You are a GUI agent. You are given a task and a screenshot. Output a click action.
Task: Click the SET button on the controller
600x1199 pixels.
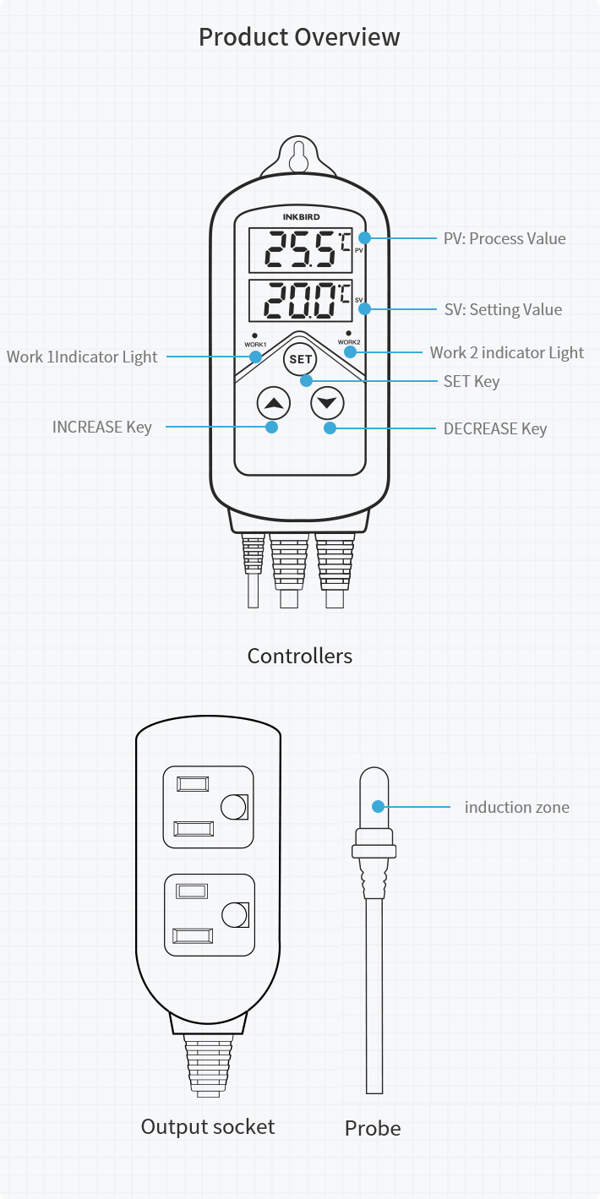pyautogui.click(x=300, y=359)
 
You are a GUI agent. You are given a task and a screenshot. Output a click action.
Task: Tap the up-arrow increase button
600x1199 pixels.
pyautogui.click(x=273, y=403)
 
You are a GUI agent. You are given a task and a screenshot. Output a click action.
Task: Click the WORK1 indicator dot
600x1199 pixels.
pyautogui.click(x=255, y=335)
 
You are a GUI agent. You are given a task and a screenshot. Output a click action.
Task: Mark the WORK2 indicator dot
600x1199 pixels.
pyautogui.click(x=349, y=333)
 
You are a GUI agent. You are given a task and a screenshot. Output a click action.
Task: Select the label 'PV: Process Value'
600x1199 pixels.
pyautogui.click(x=505, y=238)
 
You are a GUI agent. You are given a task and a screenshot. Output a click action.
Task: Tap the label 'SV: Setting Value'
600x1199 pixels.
pyautogui.click(x=503, y=309)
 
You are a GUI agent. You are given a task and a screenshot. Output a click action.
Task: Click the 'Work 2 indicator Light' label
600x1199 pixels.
pyautogui.click(x=506, y=352)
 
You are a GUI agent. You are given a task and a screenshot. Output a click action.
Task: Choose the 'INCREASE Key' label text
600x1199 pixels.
pyautogui.click(x=102, y=427)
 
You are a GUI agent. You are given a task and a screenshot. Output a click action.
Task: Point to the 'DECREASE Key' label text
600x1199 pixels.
pyautogui.click(x=495, y=428)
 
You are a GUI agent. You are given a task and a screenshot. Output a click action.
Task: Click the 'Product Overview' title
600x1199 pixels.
pyautogui.click(x=299, y=37)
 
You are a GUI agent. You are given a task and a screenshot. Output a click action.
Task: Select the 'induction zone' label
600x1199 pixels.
pyautogui.click(x=516, y=807)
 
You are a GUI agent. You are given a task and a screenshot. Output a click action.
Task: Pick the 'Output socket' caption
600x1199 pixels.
pyautogui.click(x=208, y=1126)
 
